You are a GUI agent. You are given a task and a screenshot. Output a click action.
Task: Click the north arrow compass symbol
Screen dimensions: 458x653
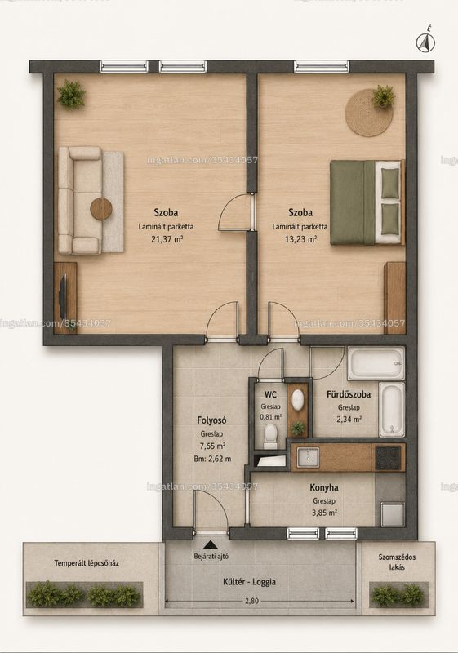coord(425,42)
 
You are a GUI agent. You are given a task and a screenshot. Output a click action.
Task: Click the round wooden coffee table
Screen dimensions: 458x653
coord(101,207)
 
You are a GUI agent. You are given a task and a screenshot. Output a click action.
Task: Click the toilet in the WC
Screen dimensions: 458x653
coord(270,437)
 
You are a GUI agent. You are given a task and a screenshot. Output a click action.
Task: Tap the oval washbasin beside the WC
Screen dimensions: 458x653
coord(297,400)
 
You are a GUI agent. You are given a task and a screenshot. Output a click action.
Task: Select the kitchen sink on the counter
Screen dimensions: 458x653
coord(308,458)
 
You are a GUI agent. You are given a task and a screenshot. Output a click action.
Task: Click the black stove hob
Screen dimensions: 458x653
coord(389,458)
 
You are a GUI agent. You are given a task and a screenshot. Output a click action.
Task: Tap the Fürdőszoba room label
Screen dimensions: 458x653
coord(349,394)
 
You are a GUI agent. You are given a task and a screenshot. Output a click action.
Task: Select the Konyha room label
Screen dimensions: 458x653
coord(324,487)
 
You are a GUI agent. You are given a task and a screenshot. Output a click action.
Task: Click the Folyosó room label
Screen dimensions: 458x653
coord(212,420)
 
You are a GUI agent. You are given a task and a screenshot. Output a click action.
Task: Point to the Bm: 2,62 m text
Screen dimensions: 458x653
coord(212,459)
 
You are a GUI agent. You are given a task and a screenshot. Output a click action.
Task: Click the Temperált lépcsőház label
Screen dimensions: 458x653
coord(87,563)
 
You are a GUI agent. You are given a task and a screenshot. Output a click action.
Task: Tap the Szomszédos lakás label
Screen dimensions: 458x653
coord(397,562)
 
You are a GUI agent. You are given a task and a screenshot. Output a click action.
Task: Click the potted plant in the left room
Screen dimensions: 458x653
coord(71,94)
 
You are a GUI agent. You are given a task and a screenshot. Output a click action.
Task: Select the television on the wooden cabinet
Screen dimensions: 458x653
coord(62,296)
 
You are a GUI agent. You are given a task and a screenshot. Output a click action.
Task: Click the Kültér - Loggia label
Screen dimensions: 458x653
coord(249,582)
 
